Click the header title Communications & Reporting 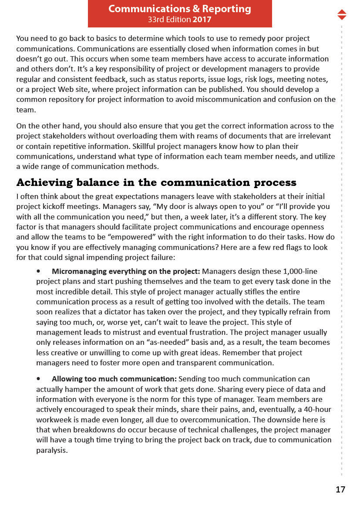click(x=179, y=9)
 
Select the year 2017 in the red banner click(x=202, y=20)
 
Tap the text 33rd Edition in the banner click(x=169, y=20)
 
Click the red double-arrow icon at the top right click(x=342, y=14)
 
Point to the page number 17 click(x=340, y=489)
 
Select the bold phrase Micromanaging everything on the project click(x=126, y=271)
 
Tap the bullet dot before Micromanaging click(x=39, y=271)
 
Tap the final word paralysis click(x=52, y=450)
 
